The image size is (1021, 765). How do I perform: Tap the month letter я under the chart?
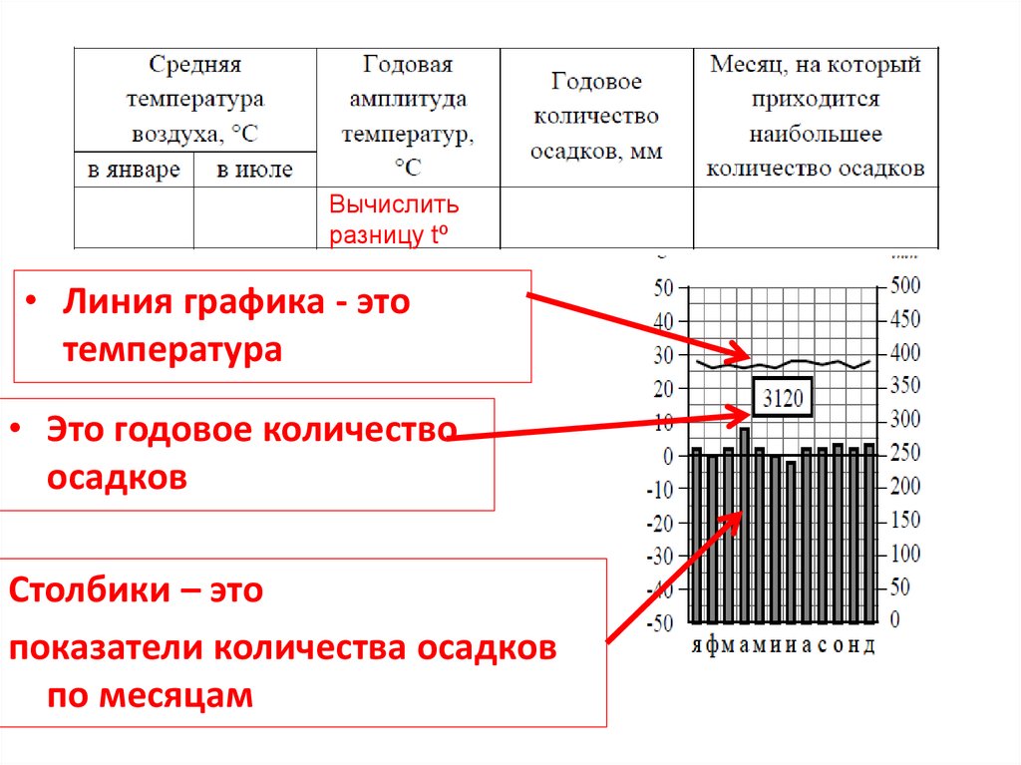point(697,645)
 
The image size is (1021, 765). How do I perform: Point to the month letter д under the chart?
point(869,645)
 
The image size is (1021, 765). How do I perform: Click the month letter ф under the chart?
point(712,645)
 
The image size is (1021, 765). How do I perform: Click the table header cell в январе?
point(134,170)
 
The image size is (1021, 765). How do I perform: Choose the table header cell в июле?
point(255,170)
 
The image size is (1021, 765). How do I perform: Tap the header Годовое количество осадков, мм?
point(596,116)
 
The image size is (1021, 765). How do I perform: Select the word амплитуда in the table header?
point(408,100)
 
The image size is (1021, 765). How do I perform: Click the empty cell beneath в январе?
point(134,216)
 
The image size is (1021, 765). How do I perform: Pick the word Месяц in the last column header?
point(743,66)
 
